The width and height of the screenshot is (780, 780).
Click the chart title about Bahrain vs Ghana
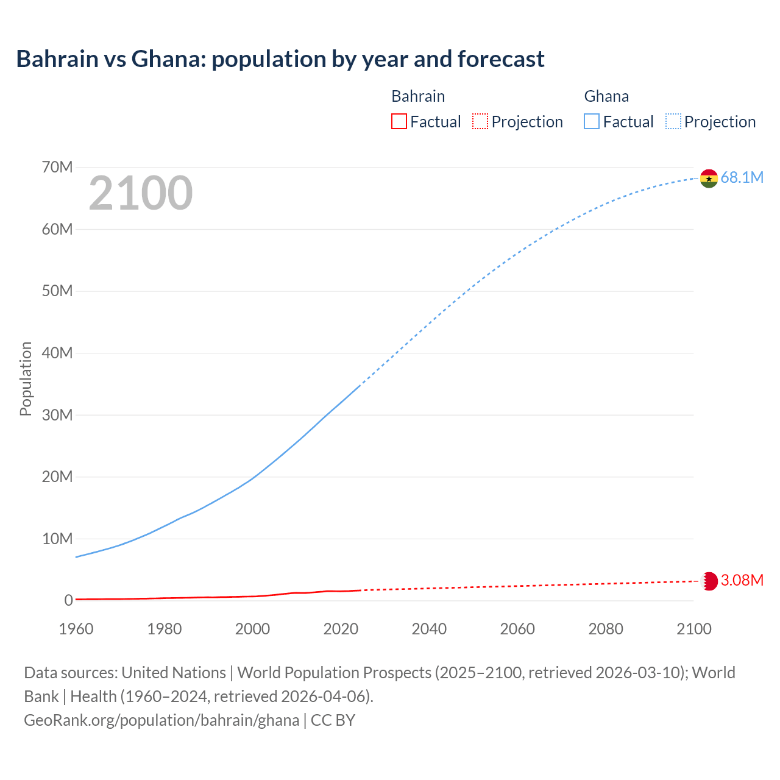tap(280, 59)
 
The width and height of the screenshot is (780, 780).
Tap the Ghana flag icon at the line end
tap(709, 179)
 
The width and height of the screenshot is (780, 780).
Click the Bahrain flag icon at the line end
tap(709, 581)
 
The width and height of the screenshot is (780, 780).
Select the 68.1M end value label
tap(742, 178)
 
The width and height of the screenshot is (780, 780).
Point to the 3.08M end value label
tap(742, 580)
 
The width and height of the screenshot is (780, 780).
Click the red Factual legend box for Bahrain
tap(399, 122)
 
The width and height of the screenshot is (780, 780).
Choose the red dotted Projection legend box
tap(480, 122)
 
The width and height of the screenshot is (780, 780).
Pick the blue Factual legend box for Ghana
tap(591, 122)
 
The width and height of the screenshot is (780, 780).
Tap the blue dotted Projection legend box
tap(673, 122)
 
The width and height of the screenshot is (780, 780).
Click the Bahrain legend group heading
tap(418, 96)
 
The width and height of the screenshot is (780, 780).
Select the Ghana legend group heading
tap(606, 96)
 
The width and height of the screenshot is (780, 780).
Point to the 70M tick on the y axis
tap(57, 167)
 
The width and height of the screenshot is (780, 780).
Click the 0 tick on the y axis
tap(68, 600)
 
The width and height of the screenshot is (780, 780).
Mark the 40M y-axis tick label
tap(57, 353)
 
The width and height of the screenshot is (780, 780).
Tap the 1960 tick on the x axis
tap(76, 629)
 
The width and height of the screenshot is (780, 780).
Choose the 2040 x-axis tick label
tap(429, 629)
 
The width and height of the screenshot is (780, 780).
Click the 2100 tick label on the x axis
tap(693, 629)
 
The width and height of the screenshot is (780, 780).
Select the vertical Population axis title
tap(26, 378)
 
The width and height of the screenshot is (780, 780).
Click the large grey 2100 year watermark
tap(141, 193)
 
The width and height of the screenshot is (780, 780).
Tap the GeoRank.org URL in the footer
tap(161, 720)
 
